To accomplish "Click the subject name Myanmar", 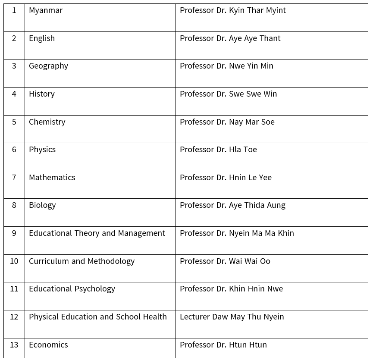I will [46, 10].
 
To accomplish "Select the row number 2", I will [14, 38].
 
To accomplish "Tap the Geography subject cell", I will [48, 66].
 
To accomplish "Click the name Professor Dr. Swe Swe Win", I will [228, 94].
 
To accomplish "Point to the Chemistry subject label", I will [47, 122].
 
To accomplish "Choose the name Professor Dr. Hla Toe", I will [218, 150].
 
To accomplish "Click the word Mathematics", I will [52, 178].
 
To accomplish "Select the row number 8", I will [14, 205].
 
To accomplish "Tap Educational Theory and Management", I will [97, 233].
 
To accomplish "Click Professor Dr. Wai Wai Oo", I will [225, 261].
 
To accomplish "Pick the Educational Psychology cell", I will [72, 289].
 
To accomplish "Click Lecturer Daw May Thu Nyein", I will [232, 317].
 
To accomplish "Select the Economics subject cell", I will [48, 345].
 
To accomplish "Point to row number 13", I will [14, 345].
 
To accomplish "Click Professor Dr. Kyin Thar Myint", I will [232, 10].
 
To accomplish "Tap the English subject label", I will [42, 38].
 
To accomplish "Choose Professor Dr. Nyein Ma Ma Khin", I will [237, 233].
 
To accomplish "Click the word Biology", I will [42, 205].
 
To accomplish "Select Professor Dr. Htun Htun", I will [223, 345].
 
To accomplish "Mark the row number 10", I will [14, 261].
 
